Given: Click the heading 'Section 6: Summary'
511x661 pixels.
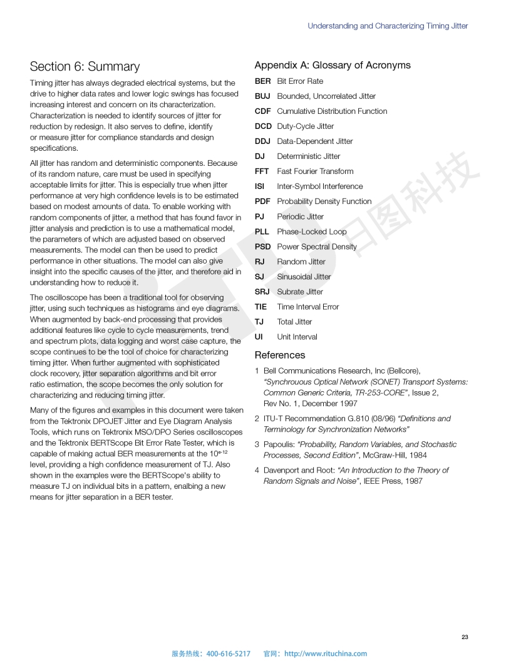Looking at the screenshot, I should [x=85, y=66].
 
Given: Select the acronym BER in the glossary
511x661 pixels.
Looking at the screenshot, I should [x=262, y=81].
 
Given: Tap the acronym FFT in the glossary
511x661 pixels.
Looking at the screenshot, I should [x=262, y=171].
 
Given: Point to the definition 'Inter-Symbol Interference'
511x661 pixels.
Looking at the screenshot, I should [x=319, y=186].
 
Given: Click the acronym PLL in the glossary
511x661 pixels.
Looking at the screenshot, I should [x=262, y=231].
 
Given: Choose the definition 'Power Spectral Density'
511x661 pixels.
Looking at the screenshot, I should [x=317, y=246].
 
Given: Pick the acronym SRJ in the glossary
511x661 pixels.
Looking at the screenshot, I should [x=262, y=291].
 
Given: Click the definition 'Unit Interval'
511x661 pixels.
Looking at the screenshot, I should [x=297, y=336].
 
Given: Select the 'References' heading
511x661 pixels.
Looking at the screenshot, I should [x=279, y=355].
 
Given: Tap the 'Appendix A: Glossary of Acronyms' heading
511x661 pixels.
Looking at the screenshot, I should [x=333, y=65].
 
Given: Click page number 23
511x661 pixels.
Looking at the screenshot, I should [x=465, y=637].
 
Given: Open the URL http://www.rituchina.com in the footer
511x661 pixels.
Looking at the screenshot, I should [x=326, y=653].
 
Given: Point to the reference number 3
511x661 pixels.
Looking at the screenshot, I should [x=257, y=444].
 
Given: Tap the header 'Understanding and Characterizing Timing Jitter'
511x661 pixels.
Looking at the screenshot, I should [x=388, y=26].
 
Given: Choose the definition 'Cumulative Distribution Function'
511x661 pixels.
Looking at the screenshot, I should [x=332, y=111].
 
